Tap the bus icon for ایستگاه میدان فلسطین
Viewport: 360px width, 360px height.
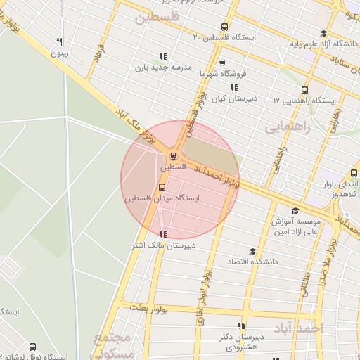[x=162, y=187]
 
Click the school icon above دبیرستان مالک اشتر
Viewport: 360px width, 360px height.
[x=163, y=234]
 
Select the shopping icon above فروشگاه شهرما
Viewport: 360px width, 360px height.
[x=221, y=63]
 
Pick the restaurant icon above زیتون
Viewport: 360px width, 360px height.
[x=60, y=41]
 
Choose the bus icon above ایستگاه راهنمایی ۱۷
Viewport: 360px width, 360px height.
[x=304, y=90]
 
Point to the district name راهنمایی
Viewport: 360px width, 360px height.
[x=287, y=127]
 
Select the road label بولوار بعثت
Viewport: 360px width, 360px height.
[x=150, y=309]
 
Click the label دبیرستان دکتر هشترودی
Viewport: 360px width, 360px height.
[x=243, y=342]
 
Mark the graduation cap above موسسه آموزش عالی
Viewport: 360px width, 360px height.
[x=295, y=210]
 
